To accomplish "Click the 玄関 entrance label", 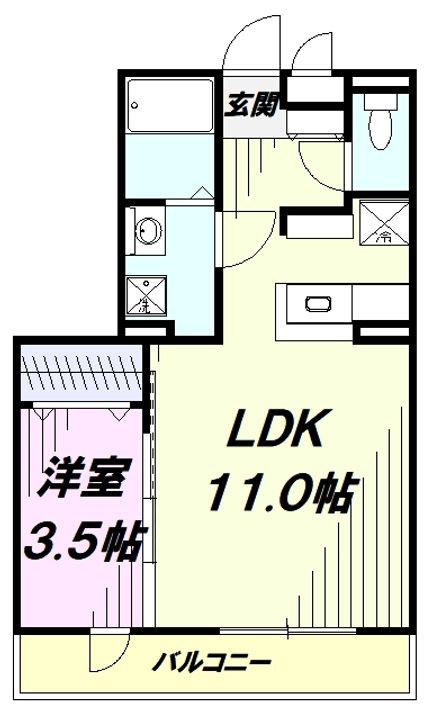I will [250, 102].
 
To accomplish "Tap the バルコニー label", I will [212, 662].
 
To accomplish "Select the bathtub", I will [167, 106].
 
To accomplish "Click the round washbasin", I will [147, 231].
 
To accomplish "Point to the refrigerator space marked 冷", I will [384, 224].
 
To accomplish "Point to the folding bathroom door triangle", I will [201, 191].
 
